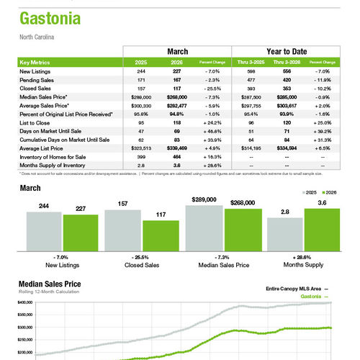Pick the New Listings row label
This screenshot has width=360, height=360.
click(x=36, y=72)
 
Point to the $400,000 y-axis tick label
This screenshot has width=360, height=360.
click(x=25, y=303)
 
